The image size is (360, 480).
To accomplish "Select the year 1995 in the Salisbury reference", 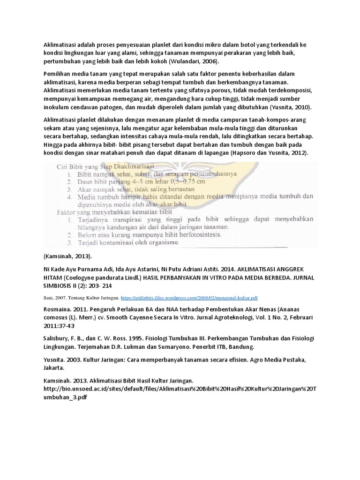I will click(139, 339).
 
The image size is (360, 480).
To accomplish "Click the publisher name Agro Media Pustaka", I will click(277, 359).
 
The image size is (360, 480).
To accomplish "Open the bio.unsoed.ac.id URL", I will click(178, 389).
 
